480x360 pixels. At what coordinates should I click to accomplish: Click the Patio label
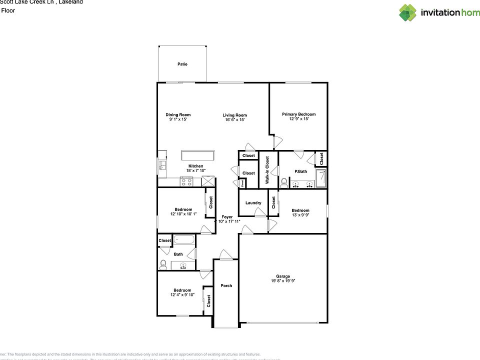(x=182, y=64)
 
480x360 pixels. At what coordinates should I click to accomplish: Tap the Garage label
(x=283, y=276)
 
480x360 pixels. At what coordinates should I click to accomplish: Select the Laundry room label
(x=253, y=203)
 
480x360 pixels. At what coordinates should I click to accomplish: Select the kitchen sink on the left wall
(x=162, y=165)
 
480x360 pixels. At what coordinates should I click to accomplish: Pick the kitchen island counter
(x=198, y=154)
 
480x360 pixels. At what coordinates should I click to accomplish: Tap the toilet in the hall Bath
(x=163, y=264)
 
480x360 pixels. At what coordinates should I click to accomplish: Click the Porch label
(x=226, y=286)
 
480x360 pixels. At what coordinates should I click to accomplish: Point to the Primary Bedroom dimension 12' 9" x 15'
(x=298, y=119)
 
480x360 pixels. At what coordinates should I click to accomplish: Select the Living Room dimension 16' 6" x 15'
(x=234, y=120)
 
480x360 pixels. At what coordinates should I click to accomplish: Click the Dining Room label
(x=178, y=115)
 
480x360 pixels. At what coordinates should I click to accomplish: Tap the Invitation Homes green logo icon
(x=407, y=12)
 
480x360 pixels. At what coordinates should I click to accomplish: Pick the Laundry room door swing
(x=260, y=212)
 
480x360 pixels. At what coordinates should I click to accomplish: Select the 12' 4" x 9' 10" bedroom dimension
(x=182, y=295)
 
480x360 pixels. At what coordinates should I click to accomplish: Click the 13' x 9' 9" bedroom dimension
(x=300, y=215)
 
